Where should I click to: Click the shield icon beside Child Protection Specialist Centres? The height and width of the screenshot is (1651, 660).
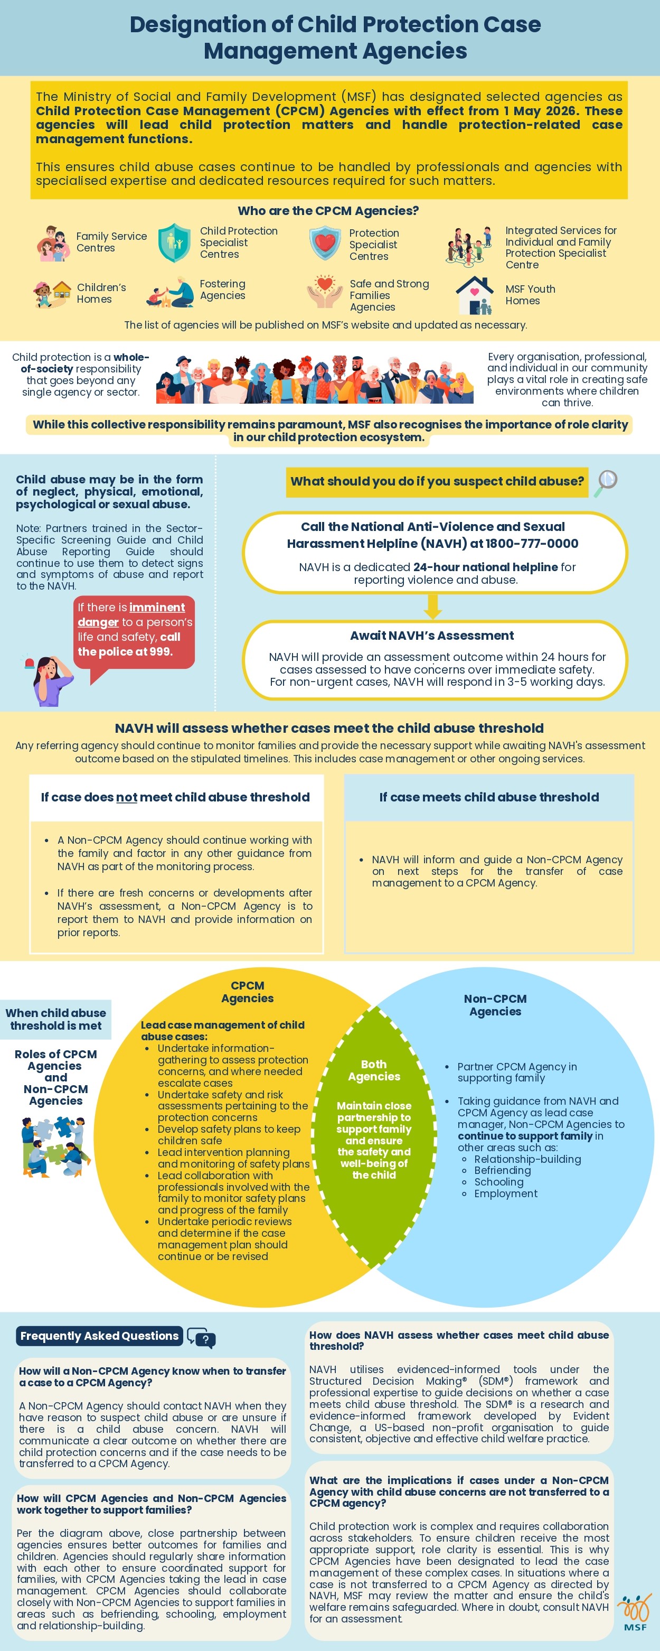[x=174, y=243]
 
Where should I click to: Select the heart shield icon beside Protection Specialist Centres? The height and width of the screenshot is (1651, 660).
[x=325, y=244]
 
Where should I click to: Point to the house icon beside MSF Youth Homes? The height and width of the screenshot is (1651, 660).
[x=475, y=295]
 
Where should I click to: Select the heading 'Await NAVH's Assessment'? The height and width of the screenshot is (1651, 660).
[x=432, y=635]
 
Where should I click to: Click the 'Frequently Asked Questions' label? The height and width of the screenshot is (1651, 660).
[x=99, y=1336]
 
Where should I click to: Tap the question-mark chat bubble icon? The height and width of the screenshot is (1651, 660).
[x=201, y=1338]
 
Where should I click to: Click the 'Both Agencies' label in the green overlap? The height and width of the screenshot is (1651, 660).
[x=374, y=1070]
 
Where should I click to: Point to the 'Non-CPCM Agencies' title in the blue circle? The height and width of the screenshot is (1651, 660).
[x=495, y=1005]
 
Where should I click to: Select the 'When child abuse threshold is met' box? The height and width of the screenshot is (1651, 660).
[x=56, y=1019]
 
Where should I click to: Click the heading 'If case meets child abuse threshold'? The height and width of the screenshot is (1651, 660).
[x=489, y=797]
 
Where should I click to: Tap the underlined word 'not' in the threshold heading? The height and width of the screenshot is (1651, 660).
[x=127, y=797]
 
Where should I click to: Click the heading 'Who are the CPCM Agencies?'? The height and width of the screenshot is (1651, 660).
[x=328, y=210]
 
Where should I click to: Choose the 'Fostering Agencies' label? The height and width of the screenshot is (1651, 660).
[x=222, y=289]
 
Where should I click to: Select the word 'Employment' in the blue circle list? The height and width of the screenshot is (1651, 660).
[x=506, y=1193]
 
